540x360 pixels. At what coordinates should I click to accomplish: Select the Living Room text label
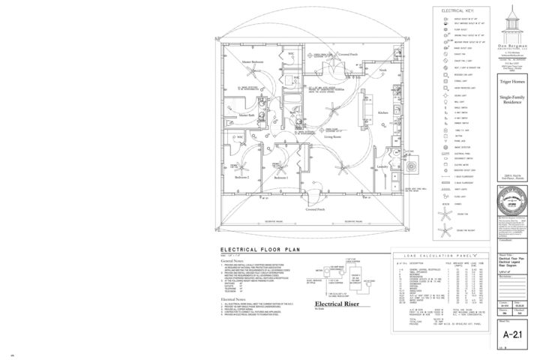tap(334, 137)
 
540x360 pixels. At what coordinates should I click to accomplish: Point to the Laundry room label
tap(381, 166)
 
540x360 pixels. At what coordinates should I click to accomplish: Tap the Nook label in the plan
tap(383, 70)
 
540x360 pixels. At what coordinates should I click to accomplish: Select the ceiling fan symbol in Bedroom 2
tap(244, 166)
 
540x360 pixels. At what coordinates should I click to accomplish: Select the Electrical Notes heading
tap(235, 298)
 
